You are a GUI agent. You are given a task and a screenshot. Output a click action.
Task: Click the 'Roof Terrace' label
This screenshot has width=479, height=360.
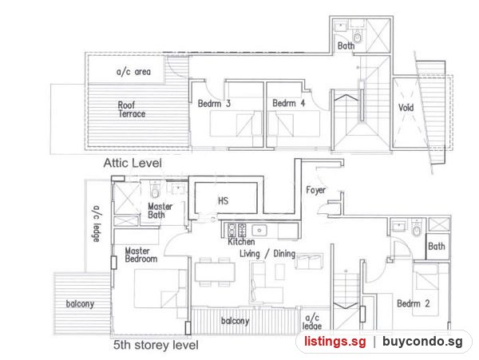[132, 109]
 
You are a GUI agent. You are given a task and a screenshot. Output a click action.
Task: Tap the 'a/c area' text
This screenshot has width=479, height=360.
[133, 72]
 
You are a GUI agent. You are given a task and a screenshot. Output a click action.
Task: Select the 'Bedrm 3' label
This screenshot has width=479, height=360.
[214, 104]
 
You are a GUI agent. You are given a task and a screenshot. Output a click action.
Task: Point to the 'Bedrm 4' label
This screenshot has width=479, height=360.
[289, 103]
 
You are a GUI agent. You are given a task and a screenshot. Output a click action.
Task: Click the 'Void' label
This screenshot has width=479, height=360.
[406, 108]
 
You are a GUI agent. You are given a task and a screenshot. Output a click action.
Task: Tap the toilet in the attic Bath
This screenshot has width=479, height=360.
[357, 37]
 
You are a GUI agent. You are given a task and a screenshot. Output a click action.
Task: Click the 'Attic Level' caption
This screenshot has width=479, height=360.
[133, 163]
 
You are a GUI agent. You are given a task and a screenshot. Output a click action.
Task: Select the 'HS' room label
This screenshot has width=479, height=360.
[223, 200]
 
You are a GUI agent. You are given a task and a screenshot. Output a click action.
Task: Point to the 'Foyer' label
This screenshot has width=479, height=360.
[315, 190]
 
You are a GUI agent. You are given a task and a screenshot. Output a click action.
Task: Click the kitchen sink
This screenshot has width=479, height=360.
[259, 230]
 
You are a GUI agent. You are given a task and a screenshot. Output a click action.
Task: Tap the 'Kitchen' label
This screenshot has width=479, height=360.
[241, 242]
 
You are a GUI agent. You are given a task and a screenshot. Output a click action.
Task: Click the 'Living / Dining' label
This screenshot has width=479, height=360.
[267, 254]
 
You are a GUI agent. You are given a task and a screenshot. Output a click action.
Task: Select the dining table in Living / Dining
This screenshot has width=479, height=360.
[215, 272]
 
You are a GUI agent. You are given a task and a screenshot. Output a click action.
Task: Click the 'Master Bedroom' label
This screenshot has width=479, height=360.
[141, 255]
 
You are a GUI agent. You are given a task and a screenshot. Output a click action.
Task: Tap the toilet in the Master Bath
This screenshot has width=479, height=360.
[155, 190]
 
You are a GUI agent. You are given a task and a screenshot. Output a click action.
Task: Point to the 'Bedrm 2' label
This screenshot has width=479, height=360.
[414, 303]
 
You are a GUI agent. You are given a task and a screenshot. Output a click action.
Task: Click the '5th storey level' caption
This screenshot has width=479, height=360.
[156, 346]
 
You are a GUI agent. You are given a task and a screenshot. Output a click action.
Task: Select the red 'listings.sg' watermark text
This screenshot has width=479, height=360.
[335, 341]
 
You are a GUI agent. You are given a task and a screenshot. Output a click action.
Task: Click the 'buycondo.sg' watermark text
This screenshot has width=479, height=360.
[422, 342]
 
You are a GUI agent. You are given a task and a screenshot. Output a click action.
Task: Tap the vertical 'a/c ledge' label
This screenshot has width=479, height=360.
[97, 224]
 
